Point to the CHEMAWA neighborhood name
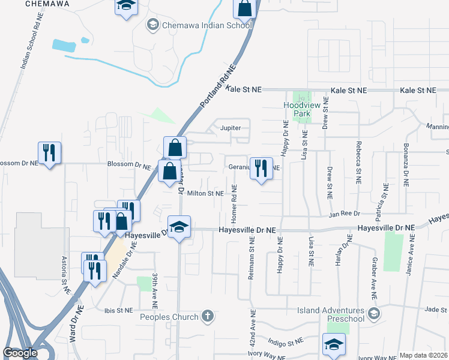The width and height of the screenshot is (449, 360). point(48,4)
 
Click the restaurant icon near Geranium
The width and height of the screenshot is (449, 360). point(260,169)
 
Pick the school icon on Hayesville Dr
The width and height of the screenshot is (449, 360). point(179,227)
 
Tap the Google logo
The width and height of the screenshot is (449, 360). point(20,353)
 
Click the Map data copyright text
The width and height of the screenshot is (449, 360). point(423,355)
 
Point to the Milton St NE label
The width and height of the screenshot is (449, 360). point(205,193)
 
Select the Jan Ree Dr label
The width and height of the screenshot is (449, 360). point(343,214)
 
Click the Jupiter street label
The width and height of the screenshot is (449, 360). point(231,128)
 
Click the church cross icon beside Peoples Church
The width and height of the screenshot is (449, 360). point(208,316)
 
